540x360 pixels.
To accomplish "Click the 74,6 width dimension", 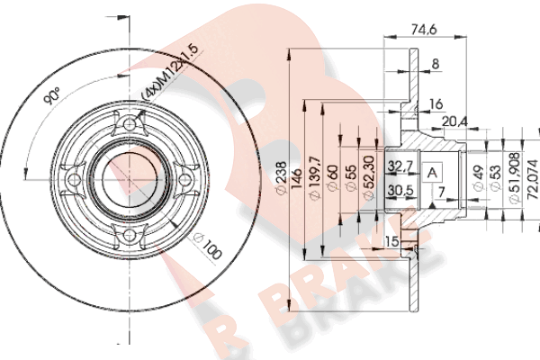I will pos(418,30).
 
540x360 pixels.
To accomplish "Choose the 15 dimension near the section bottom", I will pos(392,242).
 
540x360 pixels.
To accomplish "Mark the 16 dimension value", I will pos(436,104).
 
